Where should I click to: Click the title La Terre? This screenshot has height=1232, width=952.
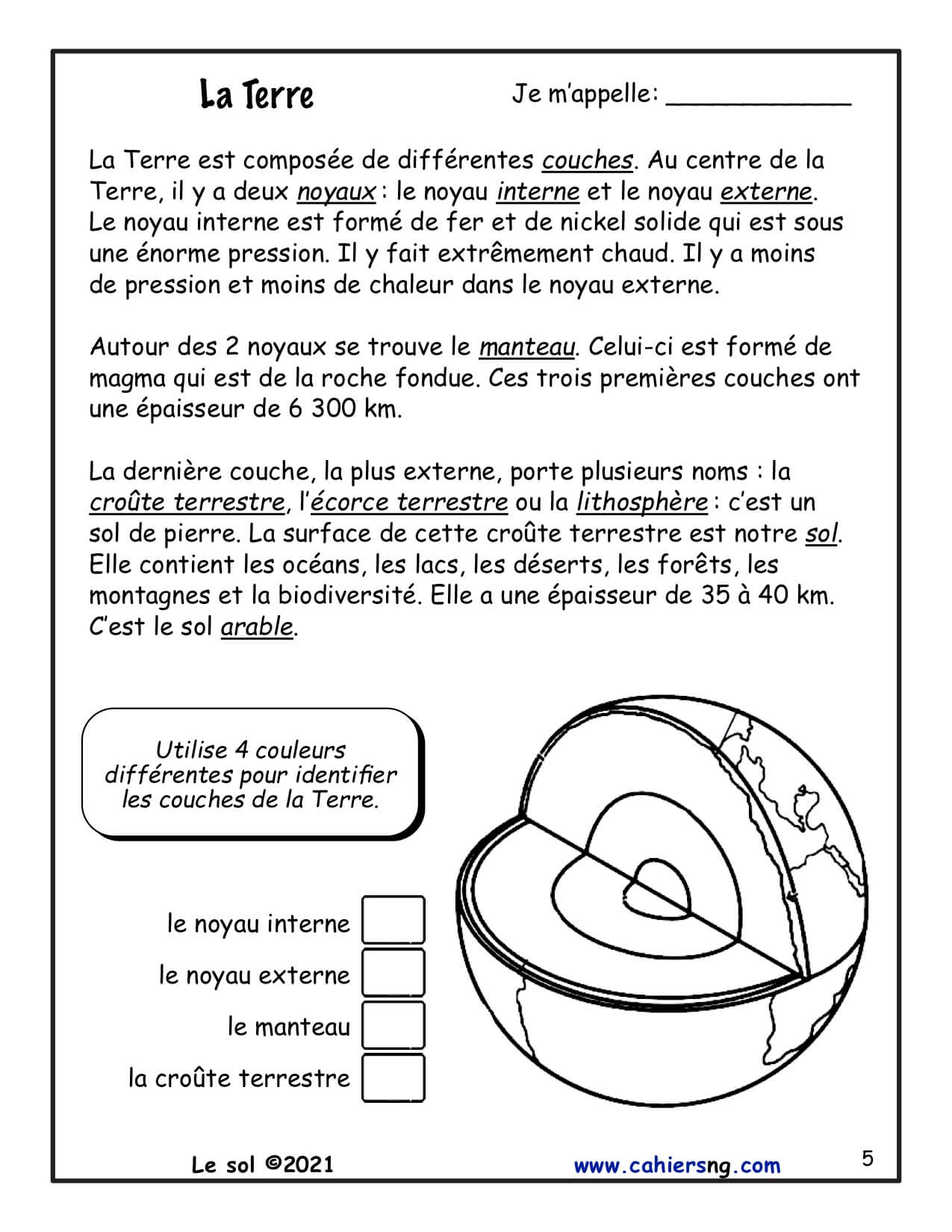(x=257, y=96)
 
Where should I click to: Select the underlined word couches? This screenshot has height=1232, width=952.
(x=588, y=161)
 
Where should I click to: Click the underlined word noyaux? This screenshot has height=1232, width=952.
(x=336, y=193)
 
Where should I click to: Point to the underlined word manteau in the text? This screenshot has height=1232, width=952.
(x=527, y=347)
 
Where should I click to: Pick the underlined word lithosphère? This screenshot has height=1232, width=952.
(x=641, y=503)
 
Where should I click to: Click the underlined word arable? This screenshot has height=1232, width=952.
(x=257, y=626)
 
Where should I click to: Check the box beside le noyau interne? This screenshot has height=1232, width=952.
(x=393, y=921)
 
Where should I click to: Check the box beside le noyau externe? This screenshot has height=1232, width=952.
(x=393, y=973)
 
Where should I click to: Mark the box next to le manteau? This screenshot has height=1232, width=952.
(x=393, y=1025)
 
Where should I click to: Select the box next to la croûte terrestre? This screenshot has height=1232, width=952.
(x=393, y=1077)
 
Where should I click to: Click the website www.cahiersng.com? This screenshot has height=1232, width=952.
(x=676, y=1165)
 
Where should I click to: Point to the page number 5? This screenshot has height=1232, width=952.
(x=868, y=1159)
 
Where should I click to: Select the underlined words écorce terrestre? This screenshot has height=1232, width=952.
(x=408, y=503)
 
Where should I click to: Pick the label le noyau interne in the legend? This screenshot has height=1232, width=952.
(x=258, y=924)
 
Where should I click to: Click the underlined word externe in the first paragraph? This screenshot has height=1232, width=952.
(x=766, y=193)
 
